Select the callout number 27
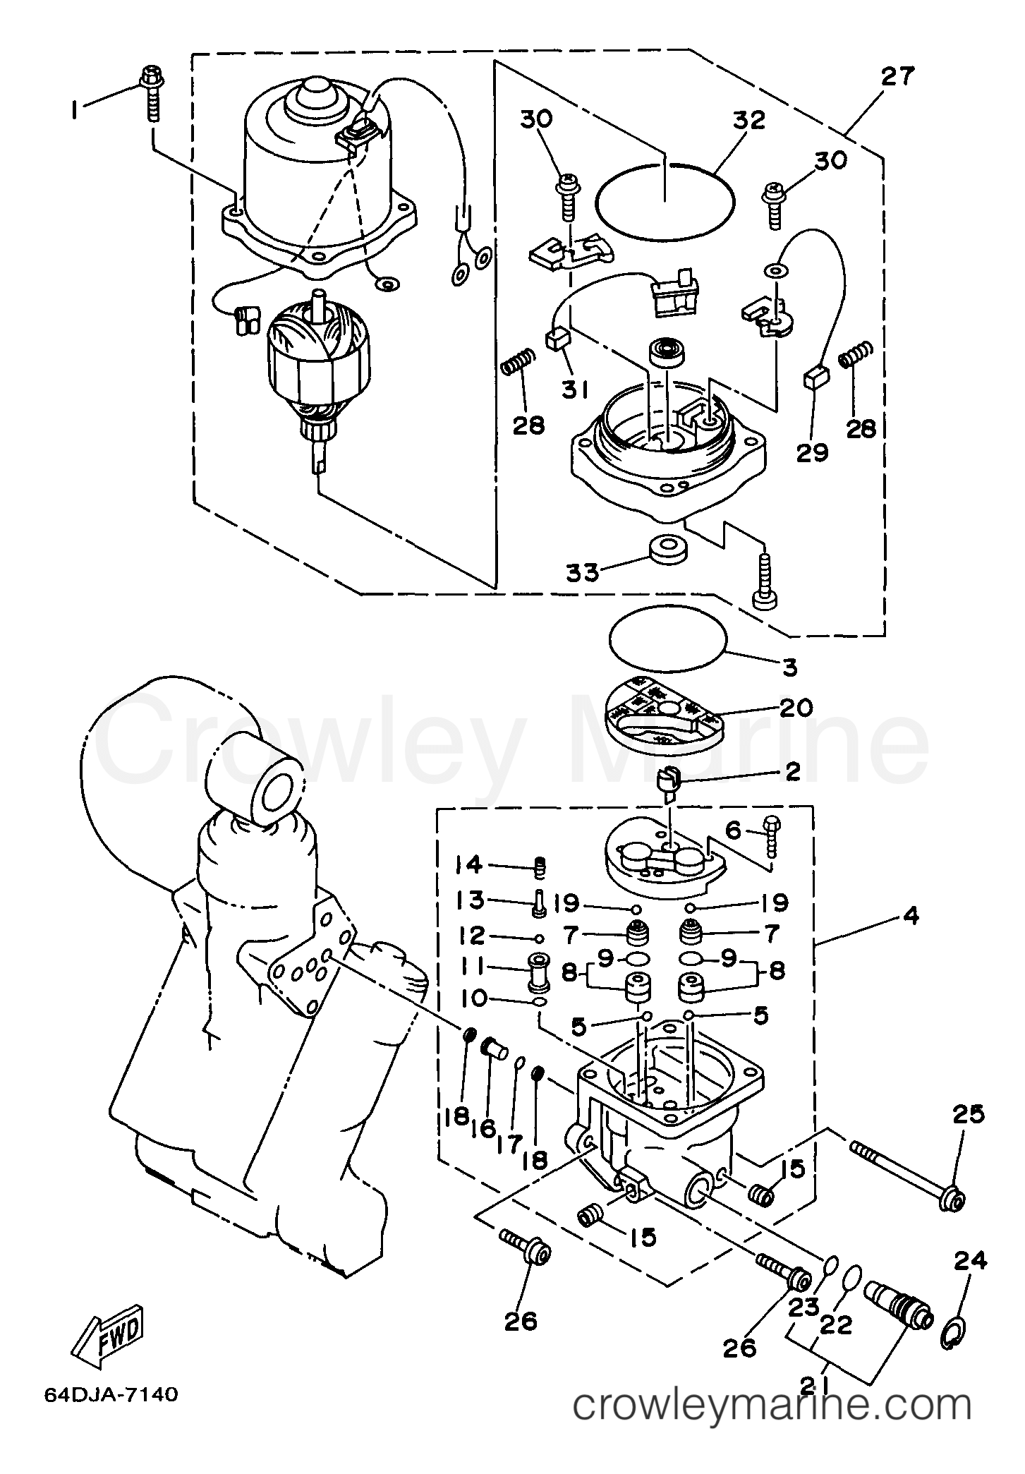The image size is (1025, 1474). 897,76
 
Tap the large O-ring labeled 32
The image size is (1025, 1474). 665,202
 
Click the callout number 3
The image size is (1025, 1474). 790,666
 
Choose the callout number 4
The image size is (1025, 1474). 910,917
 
